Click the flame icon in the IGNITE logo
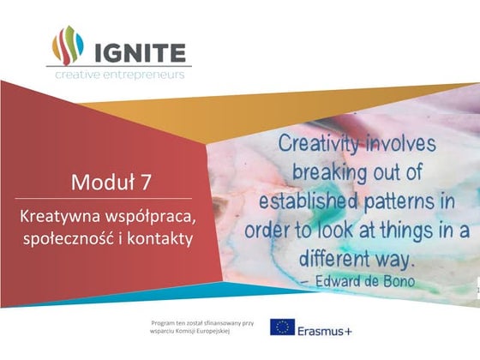tap(66, 45)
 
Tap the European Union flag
tap(282, 327)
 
